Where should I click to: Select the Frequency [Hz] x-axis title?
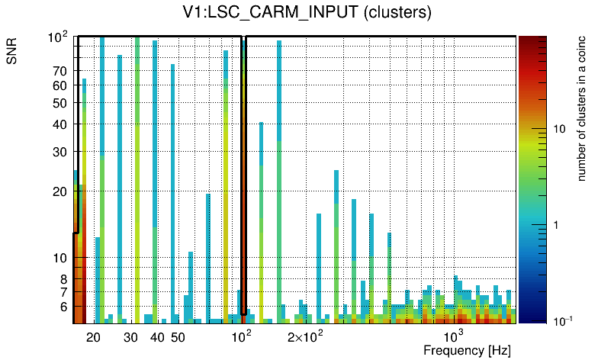click(x=466, y=350)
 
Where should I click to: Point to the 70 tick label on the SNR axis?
click(x=60, y=72)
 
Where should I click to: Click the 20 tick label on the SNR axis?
click(x=60, y=191)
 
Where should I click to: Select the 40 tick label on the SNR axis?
click(x=60, y=124)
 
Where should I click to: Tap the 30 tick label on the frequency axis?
click(x=130, y=337)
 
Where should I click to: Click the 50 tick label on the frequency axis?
click(x=177, y=337)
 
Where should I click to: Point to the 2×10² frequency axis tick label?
click(x=305, y=336)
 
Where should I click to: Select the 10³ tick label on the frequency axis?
click(x=454, y=336)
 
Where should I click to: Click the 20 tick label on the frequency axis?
click(x=93, y=337)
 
